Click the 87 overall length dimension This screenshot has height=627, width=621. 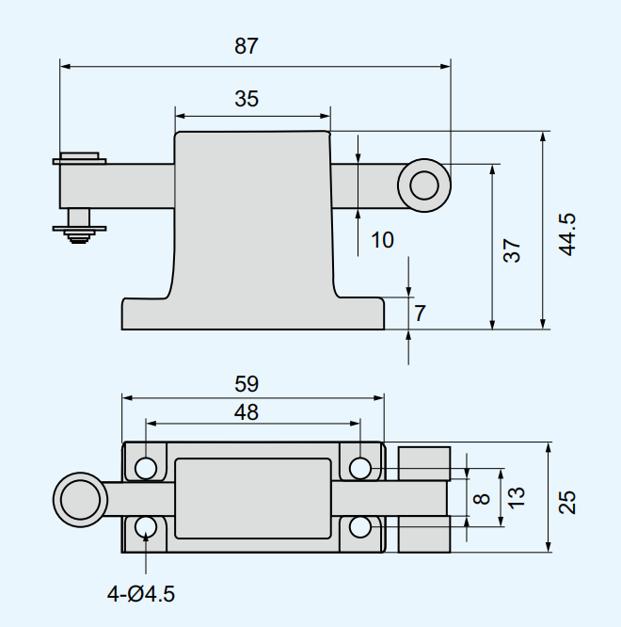[x=247, y=46]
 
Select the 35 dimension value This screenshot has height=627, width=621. [x=247, y=99]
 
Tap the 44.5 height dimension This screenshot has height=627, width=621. [x=566, y=233]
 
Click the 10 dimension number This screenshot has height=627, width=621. [x=382, y=240]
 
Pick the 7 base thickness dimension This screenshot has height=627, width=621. [x=421, y=313]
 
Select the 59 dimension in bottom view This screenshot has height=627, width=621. [x=247, y=384]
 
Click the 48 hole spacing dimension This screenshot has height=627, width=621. [x=247, y=411]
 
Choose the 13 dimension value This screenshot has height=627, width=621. [x=516, y=496]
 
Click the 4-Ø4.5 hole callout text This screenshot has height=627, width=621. [x=141, y=594]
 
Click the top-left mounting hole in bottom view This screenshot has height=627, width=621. [x=146, y=468]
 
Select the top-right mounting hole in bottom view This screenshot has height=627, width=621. [x=360, y=468]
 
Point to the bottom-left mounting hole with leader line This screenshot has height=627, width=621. [x=146, y=527]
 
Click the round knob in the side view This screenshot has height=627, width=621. [x=423, y=185]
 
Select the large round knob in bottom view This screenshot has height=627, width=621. [x=78, y=498]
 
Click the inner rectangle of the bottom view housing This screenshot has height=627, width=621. [x=252, y=498]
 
